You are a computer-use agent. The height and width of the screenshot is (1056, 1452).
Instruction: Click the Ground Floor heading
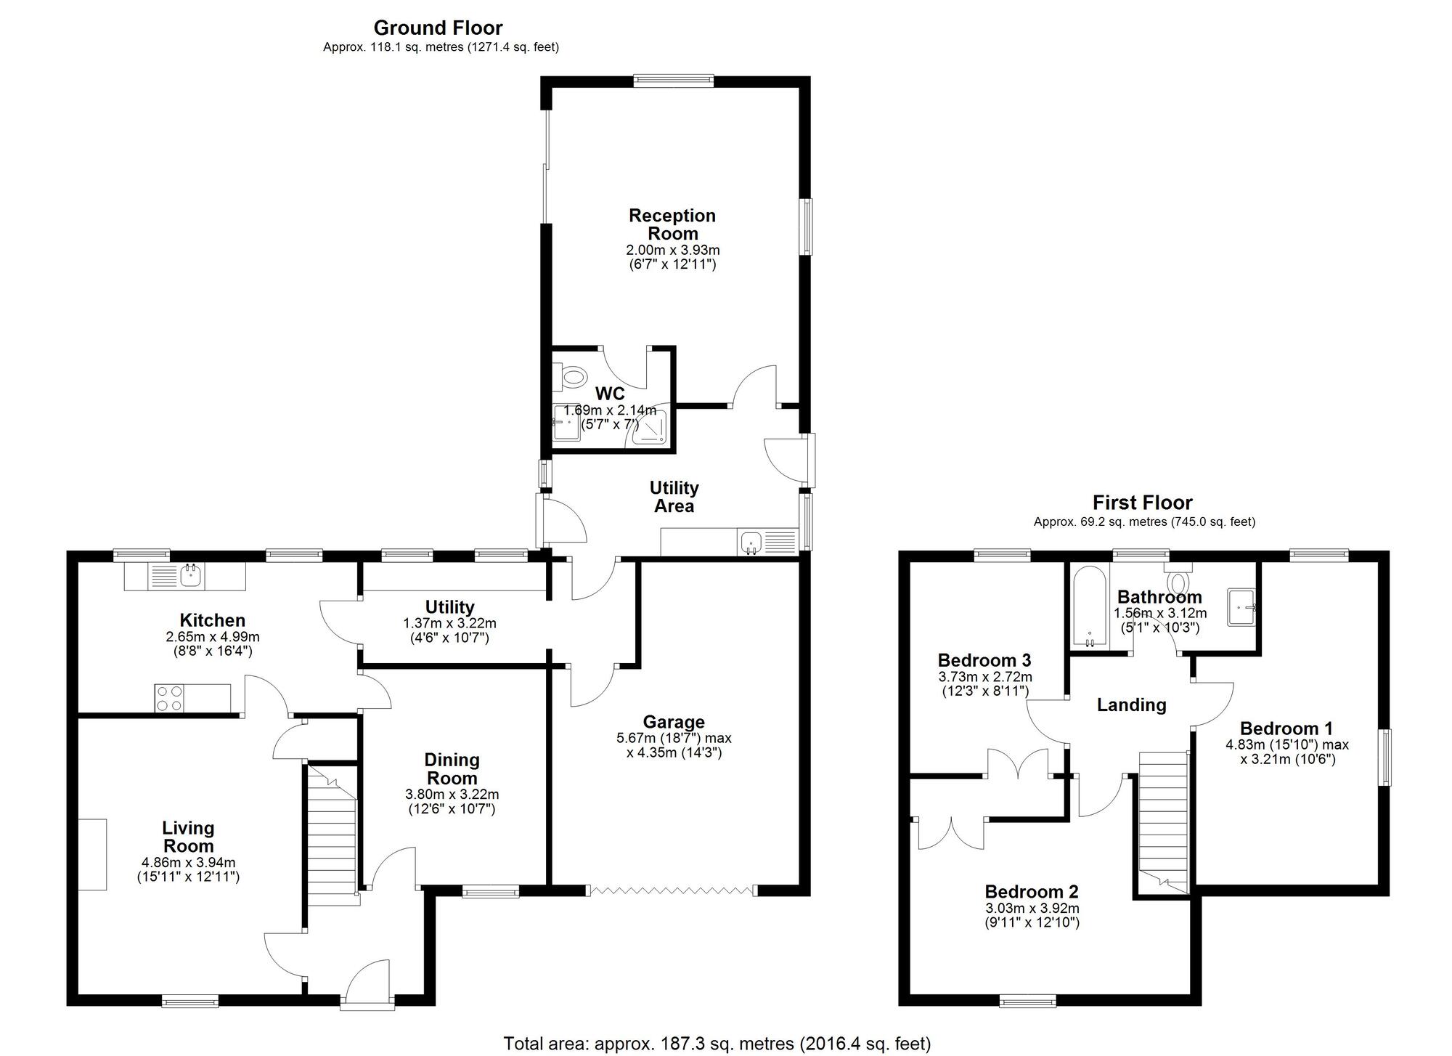[x=438, y=28]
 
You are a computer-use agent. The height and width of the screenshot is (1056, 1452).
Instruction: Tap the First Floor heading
[x=1143, y=502]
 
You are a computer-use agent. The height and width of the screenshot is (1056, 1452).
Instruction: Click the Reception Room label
[x=672, y=224]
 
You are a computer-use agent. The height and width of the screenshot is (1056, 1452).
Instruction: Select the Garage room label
[x=674, y=722]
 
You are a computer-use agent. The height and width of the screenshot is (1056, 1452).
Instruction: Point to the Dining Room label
[x=452, y=768]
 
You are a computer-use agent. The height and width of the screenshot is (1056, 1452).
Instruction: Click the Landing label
[x=1131, y=704]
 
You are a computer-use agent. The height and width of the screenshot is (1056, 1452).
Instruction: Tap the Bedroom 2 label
[x=1032, y=891]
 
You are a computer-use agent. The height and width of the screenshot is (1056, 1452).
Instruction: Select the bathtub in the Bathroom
[x=1089, y=607]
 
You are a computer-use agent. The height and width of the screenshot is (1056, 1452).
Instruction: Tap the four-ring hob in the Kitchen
[x=168, y=698]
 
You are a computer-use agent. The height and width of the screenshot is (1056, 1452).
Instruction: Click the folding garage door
[x=672, y=890]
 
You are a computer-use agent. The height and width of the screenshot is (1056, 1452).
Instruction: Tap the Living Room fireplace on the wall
[x=93, y=854]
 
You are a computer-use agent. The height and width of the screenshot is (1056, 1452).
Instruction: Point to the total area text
[x=717, y=1044]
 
